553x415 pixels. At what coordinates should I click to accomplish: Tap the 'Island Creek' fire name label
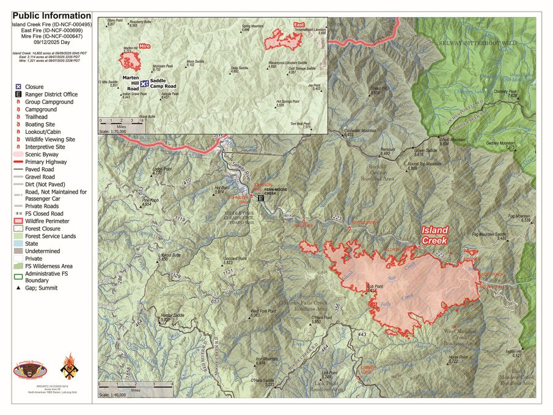434,235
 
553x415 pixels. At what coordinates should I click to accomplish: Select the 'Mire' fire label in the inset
145,46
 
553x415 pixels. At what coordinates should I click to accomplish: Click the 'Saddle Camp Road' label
163,84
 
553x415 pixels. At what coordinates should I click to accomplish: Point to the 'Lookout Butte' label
169,255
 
